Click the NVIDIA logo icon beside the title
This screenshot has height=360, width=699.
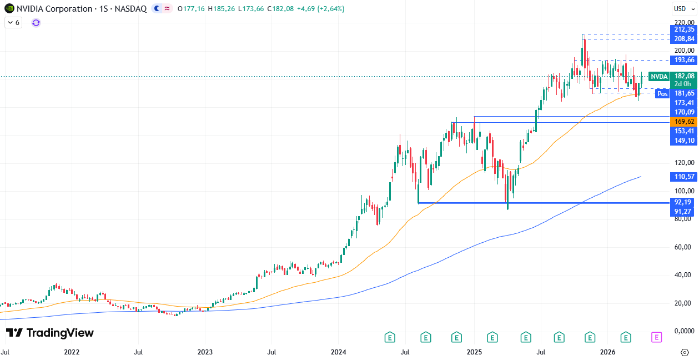click(9, 8)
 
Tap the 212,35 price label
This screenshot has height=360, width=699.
click(683, 29)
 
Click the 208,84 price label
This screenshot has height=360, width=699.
click(683, 39)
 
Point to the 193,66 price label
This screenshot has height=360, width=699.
click(683, 60)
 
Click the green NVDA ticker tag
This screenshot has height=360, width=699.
click(659, 77)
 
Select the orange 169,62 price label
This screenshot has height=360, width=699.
click(683, 122)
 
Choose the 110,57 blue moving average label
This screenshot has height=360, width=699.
click(683, 177)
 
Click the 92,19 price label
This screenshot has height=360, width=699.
click(683, 202)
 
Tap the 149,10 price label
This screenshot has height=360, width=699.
click(683, 141)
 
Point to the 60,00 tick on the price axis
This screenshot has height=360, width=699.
click(683, 247)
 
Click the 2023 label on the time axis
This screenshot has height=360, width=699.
click(205, 352)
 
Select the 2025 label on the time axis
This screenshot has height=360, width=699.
click(474, 352)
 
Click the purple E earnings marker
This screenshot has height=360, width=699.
click(657, 337)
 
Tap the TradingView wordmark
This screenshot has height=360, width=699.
click(50, 333)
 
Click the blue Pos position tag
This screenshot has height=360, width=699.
click(662, 93)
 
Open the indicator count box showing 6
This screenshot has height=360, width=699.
click(13, 23)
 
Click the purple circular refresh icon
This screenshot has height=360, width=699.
click(36, 23)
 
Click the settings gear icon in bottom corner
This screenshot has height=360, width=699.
click(685, 352)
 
